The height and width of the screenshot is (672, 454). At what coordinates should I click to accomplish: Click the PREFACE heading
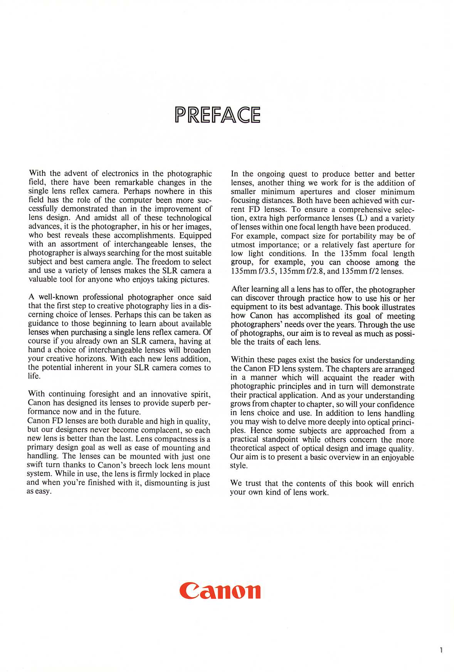[218, 115]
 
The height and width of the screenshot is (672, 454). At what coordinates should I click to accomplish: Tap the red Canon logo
[220, 590]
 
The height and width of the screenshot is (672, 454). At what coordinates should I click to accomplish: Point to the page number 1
[441, 650]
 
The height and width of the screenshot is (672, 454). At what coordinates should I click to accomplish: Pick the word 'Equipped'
[195, 235]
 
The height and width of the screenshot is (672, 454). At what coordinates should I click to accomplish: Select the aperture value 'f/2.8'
[316, 271]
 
